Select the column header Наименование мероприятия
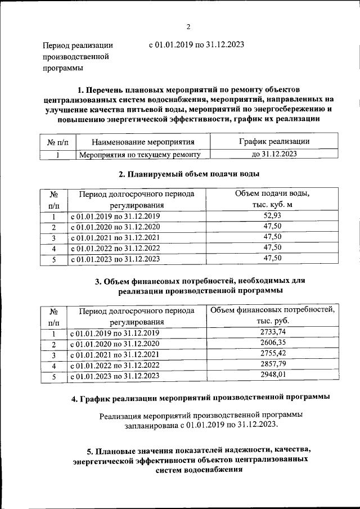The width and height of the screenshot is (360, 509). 143,142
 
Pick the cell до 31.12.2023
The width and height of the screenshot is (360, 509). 272,154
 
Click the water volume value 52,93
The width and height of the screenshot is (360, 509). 272,216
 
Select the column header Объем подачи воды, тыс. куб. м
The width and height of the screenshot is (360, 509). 272,200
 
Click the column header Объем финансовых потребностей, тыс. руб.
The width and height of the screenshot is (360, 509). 272,316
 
